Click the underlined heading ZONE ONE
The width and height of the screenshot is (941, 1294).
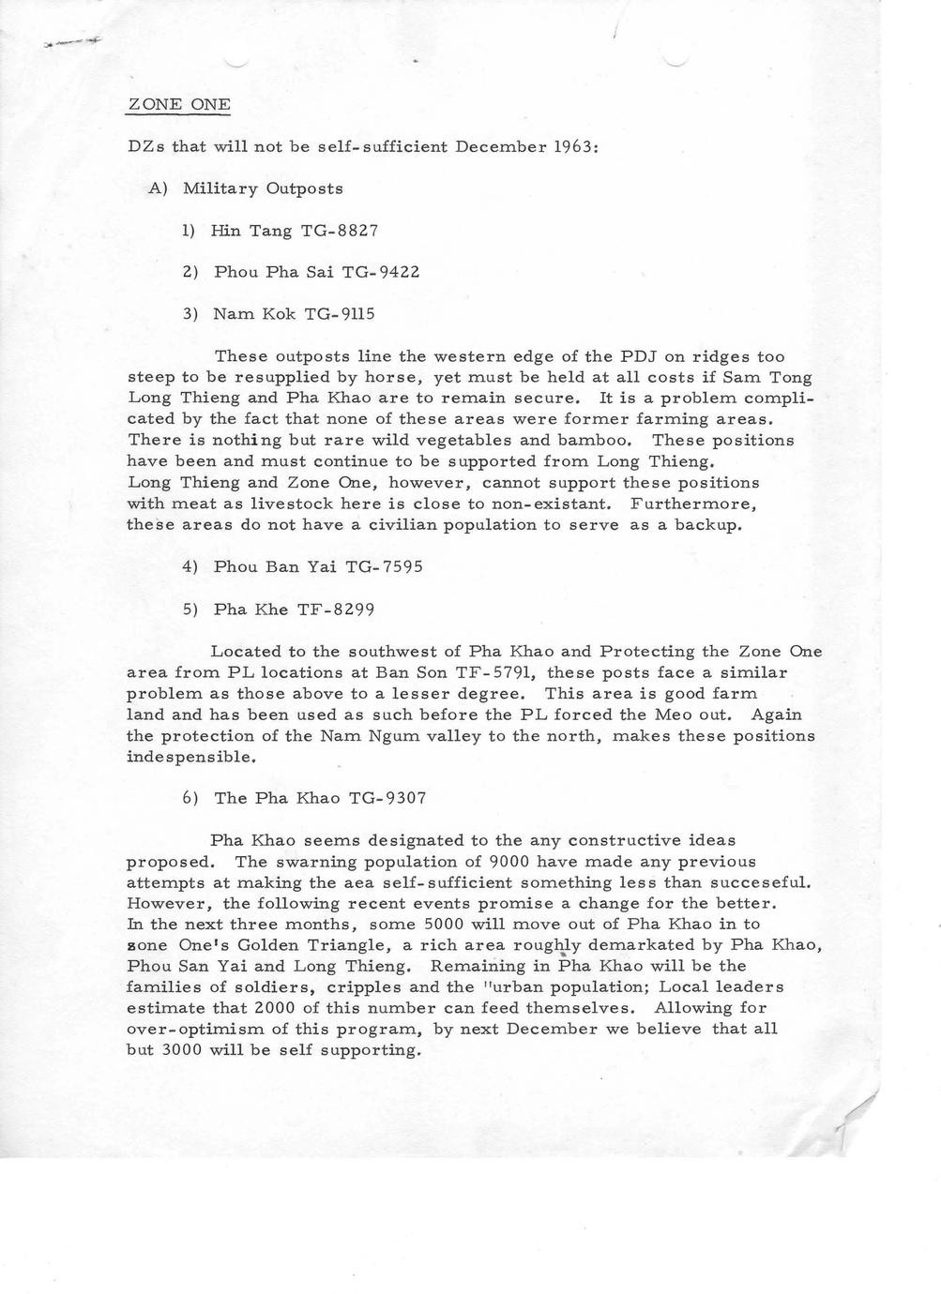[x=178, y=104]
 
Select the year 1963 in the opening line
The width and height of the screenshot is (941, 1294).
[x=572, y=147]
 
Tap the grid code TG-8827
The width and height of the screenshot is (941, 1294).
[x=339, y=231]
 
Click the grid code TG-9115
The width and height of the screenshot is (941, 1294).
[x=340, y=314]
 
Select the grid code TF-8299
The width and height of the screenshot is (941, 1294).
[x=335, y=609]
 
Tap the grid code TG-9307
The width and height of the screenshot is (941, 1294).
[x=387, y=799]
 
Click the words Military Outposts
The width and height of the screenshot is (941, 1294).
[x=263, y=188]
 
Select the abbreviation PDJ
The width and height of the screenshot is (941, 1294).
[x=643, y=357]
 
